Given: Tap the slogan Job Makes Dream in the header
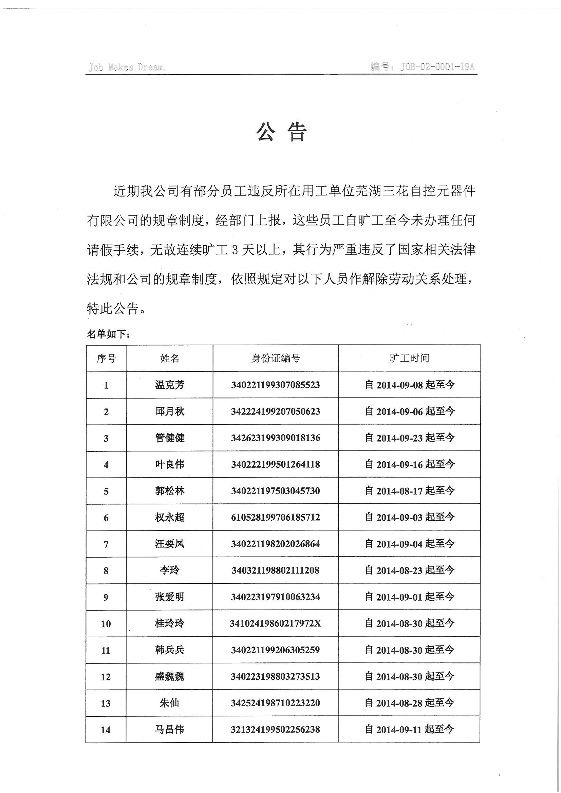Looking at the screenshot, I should pyautogui.click(x=127, y=67).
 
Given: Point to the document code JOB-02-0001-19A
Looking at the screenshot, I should pyautogui.click(x=422, y=66).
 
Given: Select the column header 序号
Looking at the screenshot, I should pyautogui.click(x=106, y=359).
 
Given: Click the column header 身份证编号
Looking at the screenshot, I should pyautogui.click(x=276, y=359).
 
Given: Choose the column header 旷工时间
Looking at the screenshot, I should pyautogui.click(x=409, y=358).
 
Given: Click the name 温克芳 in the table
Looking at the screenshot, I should pyautogui.click(x=170, y=385).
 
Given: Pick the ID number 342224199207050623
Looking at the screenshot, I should pyautogui.click(x=276, y=411).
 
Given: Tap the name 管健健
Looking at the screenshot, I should pyautogui.click(x=170, y=438).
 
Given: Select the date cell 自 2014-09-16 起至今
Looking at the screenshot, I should pyautogui.click(x=410, y=465).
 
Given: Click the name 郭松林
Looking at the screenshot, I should pyautogui.click(x=170, y=491).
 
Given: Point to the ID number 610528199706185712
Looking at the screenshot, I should pyautogui.click(x=276, y=517).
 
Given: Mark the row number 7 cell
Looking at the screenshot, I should pyautogui.click(x=106, y=544).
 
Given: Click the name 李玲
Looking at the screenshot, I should pyautogui.click(x=170, y=570).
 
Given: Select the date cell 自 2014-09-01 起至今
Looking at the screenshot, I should pyautogui.click(x=410, y=597).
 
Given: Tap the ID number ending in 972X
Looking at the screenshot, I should pyautogui.click(x=276, y=623).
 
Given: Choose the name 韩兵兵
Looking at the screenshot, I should pyautogui.click(x=170, y=650).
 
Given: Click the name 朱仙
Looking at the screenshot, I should pyautogui.click(x=170, y=703).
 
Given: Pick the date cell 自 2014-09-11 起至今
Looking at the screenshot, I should pyautogui.click(x=410, y=730).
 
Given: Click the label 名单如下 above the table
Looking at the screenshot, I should pyautogui.click(x=108, y=334).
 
